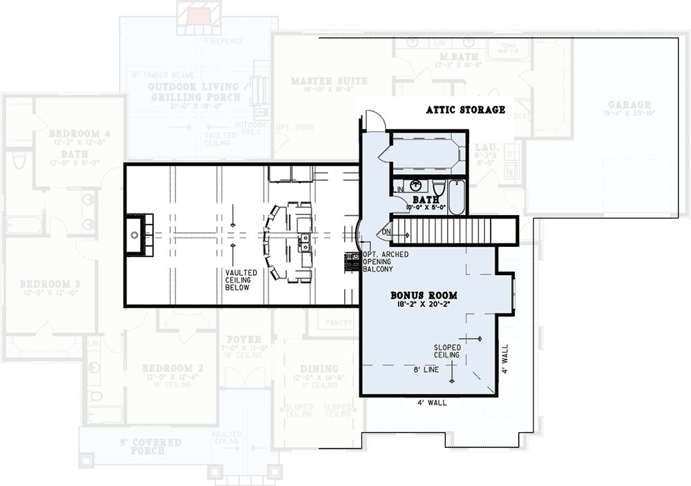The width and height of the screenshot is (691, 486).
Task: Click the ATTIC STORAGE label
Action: tap(465, 109)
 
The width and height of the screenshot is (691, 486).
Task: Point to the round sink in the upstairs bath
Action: tap(417, 185)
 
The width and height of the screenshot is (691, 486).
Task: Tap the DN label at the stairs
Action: tap(386, 232)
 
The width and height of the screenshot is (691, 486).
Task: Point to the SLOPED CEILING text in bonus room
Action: tap(446, 351)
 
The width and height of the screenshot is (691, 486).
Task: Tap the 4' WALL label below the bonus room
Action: tap(430, 402)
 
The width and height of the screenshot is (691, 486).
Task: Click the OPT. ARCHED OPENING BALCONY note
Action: tap(386, 262)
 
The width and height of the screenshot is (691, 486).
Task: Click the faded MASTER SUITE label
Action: tap(329, 81)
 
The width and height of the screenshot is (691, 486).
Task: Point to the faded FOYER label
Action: tap(243, 339)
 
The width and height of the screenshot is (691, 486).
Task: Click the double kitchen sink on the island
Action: tap(304, 241)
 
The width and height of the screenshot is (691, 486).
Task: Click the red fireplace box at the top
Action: tap(201, 15)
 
